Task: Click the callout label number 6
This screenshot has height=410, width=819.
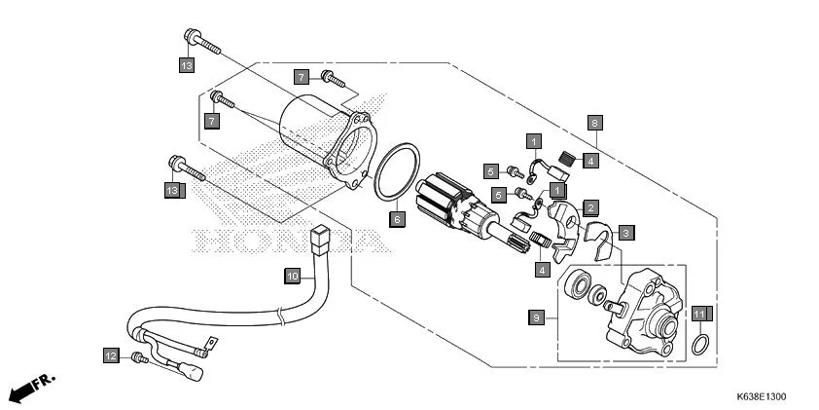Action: (396, 219)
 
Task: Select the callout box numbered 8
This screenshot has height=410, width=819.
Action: (594, 123)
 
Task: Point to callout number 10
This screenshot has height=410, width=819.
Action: (292, 277)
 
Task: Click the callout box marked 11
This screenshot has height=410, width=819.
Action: (699, 314)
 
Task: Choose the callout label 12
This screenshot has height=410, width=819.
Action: (111, 356)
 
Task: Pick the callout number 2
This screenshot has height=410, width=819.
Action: (590, 207)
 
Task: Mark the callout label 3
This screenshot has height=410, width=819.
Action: (627, 233)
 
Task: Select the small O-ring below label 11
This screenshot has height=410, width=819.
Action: (699, 345)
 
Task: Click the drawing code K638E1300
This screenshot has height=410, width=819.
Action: (761, 397)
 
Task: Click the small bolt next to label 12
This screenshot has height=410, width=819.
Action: (139, 358)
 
